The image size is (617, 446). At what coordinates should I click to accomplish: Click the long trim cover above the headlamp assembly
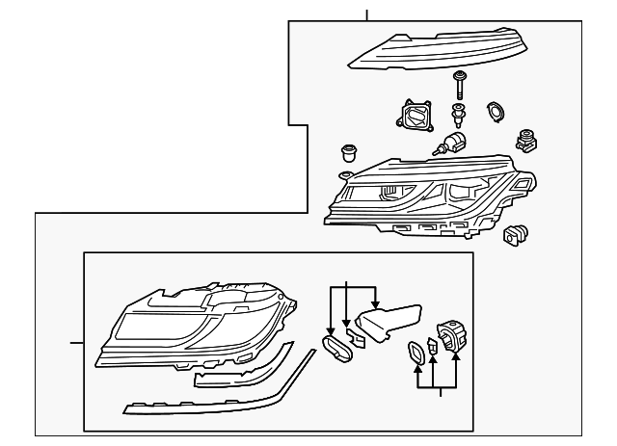pyautogui.click(x=434, y=51)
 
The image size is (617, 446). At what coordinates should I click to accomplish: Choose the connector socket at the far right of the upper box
pyautogui.click(x=527, y=141)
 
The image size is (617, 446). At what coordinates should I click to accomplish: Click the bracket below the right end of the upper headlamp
pyautogui.click(x=516, y=235)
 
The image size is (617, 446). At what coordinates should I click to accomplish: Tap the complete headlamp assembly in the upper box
pyautogui.click(x=424, y=197)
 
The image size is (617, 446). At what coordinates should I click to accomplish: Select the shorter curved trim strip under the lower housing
pyautogui.click(x=241, y=371)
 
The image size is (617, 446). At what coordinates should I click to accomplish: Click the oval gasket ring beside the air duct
pyautogui.click(x=336, y=348)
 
